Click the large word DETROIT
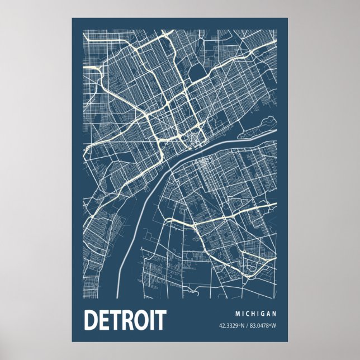tap(125, 320)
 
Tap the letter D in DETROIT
tap(91, 320)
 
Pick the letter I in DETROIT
tap(152, 320)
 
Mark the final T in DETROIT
tap(160, 320)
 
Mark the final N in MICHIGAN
tap(275, 313)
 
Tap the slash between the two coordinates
tap(248, 326)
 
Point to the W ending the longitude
tap(275, 326)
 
